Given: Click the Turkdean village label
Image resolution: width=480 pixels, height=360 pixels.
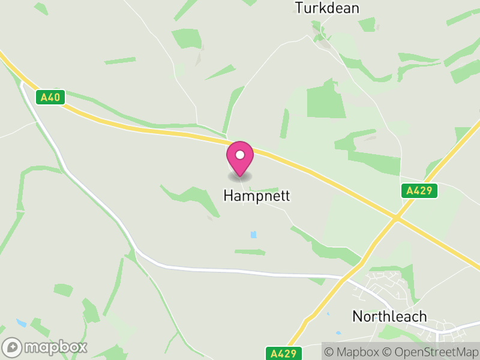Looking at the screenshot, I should click(x=327, y=8).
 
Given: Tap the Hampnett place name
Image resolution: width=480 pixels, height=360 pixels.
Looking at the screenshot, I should click(x=257, y=196).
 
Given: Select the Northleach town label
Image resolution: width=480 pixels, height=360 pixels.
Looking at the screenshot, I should click(x=389, y=316).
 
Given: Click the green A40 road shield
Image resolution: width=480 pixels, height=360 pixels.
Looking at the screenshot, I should click(x=50, y=97).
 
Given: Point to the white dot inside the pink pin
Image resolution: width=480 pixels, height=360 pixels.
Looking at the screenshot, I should click(x=240, y=155).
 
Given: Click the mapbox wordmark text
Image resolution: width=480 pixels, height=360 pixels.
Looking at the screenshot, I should click(x=56, y=347).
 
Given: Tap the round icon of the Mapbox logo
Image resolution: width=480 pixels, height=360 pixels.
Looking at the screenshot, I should click(x=12, y=347).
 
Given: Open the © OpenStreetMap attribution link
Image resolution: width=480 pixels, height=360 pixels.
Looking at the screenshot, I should click(x=430, y=351).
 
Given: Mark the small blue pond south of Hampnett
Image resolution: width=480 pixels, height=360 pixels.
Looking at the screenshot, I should click(x=253, y=234).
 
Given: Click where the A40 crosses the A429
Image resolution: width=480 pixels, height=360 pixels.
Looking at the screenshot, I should click(x=396, y=217).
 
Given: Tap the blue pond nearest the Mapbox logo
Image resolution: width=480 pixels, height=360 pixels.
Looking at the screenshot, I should click(x=22, y=323).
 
